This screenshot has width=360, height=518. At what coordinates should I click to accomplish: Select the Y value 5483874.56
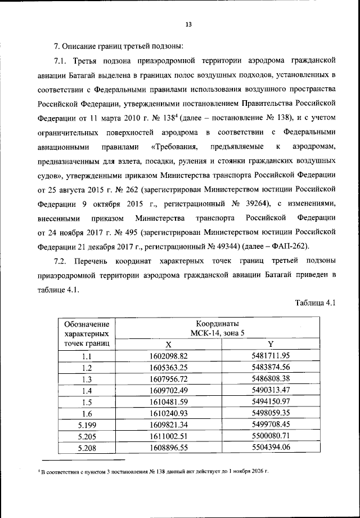pyautogui.click(x=270, y=367)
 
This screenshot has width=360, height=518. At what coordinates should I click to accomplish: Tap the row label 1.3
pyautogui.click(x=86, y=378)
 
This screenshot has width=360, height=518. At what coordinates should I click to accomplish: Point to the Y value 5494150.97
pyautogui.click(x=270, y=401)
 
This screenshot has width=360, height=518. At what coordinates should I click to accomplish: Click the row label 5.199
pyautogui.click(x=86, y=425)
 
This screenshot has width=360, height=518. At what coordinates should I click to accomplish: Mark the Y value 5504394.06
pyautogui.click(x=270, y=448)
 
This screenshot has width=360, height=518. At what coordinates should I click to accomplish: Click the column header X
pyautogui.click(x=168, y=344)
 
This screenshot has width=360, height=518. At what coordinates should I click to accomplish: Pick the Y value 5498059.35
pyautogui.click(x=270, y=413)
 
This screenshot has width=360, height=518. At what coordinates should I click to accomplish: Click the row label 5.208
pyautogui.click(x=86, y=448)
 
